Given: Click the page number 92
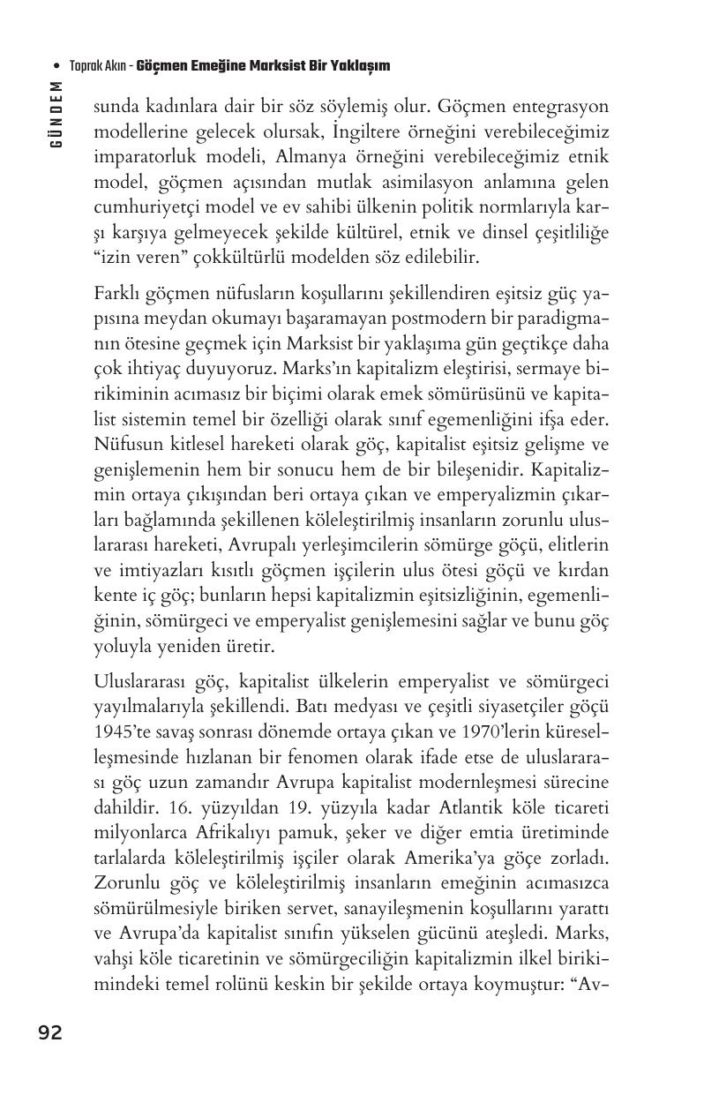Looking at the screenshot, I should pos(50,1032).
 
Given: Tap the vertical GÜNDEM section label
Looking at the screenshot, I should pos(56,114).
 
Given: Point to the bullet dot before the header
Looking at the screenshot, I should pos(57,66).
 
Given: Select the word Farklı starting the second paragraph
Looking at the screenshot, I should pos(118,294).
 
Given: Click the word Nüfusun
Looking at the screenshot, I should pos(126,444).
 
